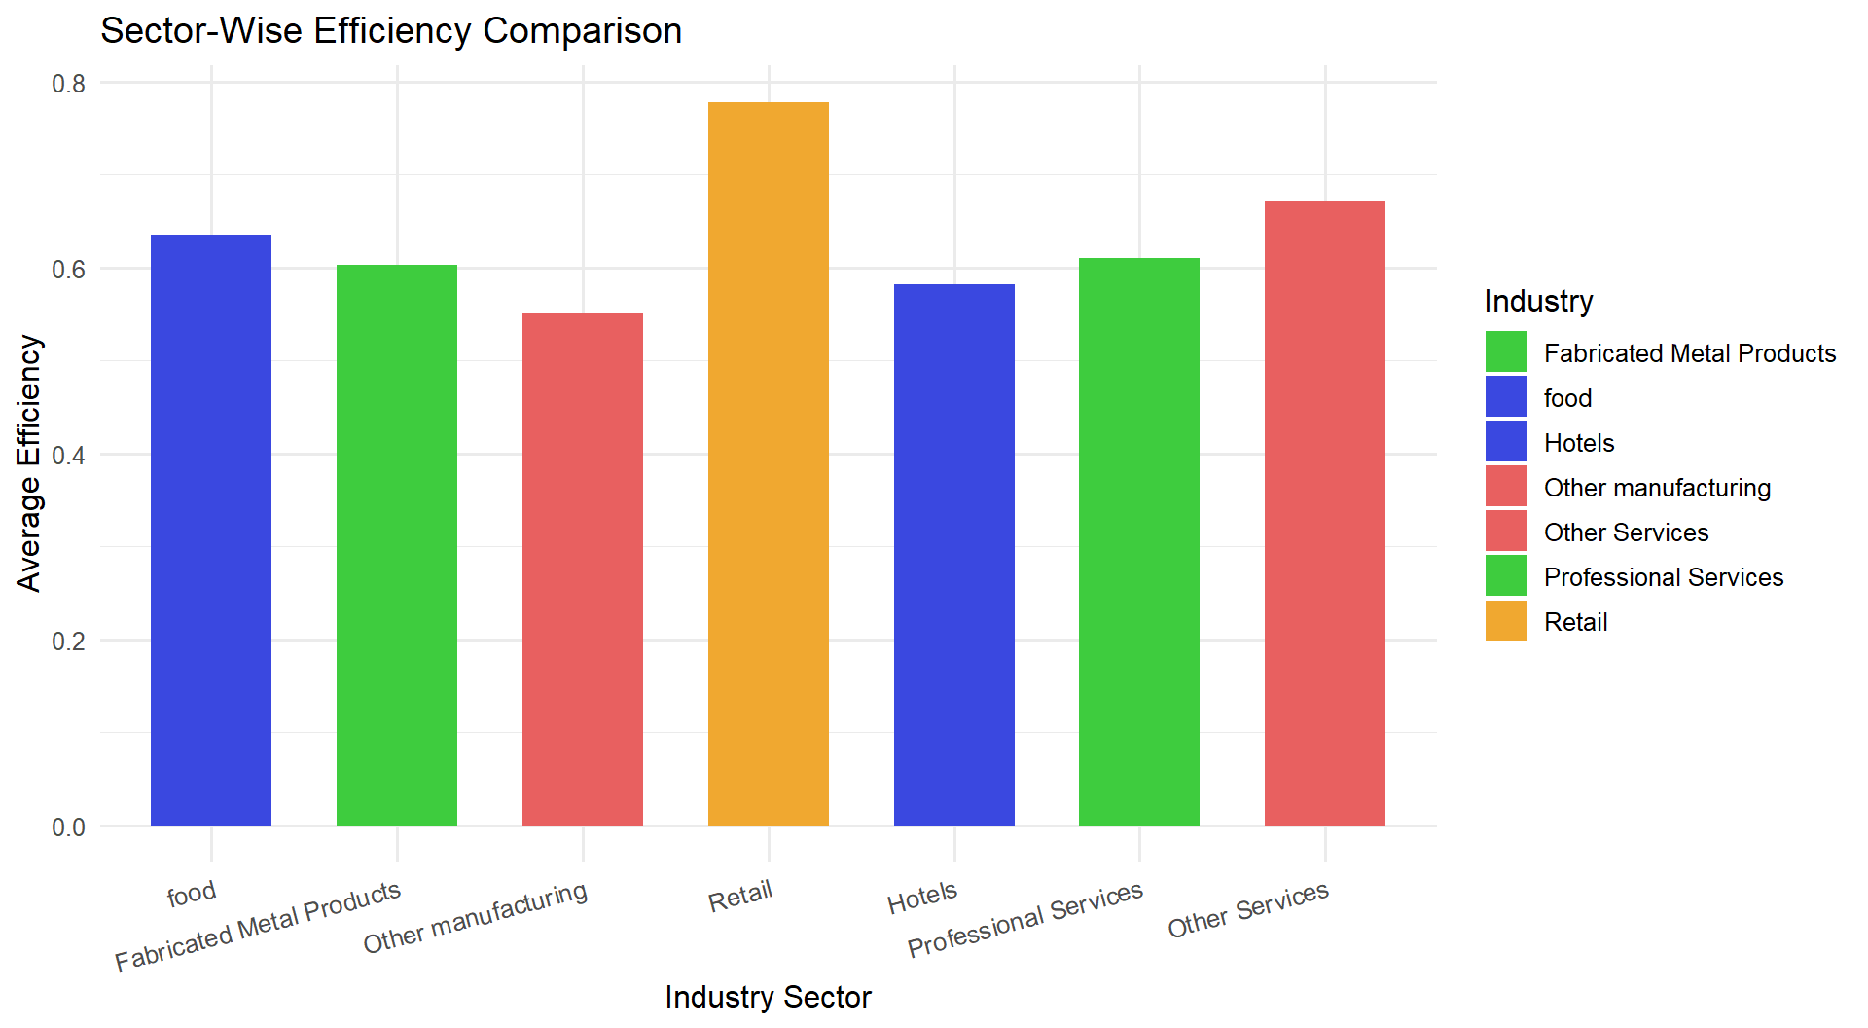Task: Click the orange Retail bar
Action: [768, 463]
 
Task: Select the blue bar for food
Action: [211, 530]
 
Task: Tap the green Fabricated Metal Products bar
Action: [397, 545]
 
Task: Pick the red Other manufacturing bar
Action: [583, 569]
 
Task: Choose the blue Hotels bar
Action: [953, 555]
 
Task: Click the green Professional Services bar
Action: [1139, 541]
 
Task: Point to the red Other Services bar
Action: [1325, 513]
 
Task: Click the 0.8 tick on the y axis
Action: [69, 84]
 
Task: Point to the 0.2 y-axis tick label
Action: [69, 642]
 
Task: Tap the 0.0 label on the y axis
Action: [69, 827]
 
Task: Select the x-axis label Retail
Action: [740, 896]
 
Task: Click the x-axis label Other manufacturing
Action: [475, 917]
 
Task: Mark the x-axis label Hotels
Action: [922, 898]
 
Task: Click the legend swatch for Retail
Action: [1506, 621]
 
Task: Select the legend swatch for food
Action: [1506, 397]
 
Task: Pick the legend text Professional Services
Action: [1664, 577]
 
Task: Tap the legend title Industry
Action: [1539, 301]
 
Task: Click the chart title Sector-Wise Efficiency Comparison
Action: [391, 30]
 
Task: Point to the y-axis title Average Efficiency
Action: [29, 463]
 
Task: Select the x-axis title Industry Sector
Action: [768, 997]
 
